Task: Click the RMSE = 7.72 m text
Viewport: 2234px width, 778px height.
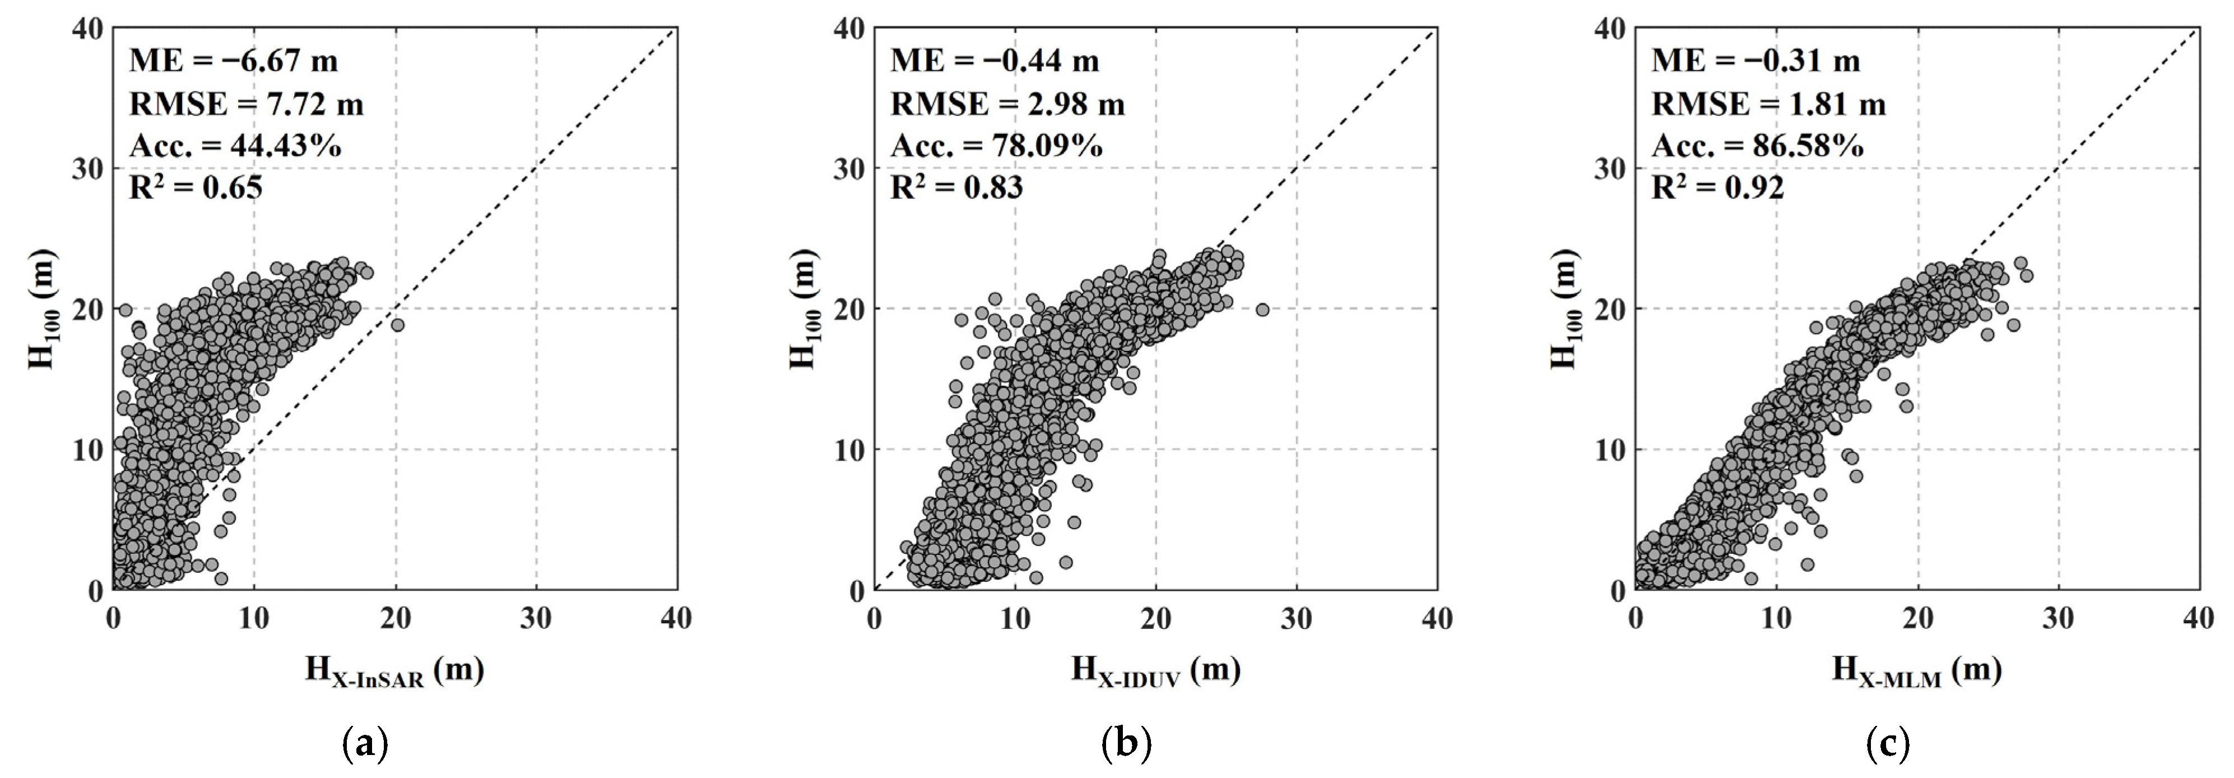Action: pos(247,104)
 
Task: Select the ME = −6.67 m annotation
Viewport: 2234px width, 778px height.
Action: pos(233,61)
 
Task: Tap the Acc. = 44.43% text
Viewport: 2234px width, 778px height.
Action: pos(235,146)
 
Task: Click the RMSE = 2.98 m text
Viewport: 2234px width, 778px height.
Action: pos(1007,104)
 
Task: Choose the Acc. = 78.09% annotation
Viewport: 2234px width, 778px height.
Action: pos(996,146)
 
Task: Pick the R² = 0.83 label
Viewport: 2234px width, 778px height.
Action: pos(956,187)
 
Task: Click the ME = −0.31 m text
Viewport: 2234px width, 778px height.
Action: pos(1755,61)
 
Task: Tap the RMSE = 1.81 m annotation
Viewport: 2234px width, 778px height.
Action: pos(1768,104)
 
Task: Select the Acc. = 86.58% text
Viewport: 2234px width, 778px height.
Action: pos(1757,146)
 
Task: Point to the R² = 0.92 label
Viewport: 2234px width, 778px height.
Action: pos(1717,187)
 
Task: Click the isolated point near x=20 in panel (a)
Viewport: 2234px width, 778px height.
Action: pos(397,325)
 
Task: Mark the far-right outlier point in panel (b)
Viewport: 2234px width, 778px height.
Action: pos(1262,309)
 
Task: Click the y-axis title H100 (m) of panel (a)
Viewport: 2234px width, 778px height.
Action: pos(43,309)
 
